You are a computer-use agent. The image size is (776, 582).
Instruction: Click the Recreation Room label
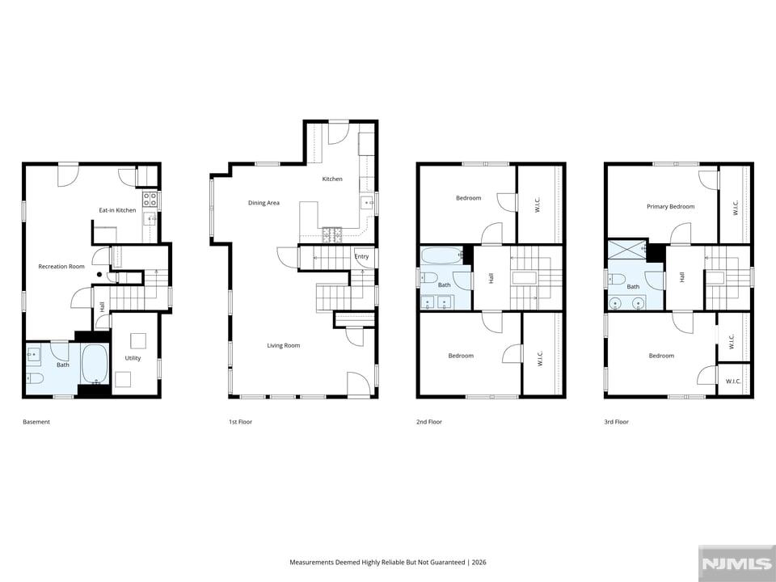[61, 266]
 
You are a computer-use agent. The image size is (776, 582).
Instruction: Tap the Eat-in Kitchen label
[117, 210]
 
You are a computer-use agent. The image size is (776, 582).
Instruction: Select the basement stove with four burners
[150, 200]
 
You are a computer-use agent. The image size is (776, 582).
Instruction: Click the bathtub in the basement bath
[95, 364]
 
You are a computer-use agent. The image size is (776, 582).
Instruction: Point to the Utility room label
[133, 358]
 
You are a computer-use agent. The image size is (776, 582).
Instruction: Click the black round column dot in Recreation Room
[99, 274]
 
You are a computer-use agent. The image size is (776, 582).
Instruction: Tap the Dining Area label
[264, 203]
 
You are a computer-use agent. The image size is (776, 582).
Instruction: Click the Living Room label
[284, 345]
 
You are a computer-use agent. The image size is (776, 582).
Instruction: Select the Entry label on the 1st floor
[362, 256]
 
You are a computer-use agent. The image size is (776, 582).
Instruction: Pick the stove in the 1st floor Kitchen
[332, 234]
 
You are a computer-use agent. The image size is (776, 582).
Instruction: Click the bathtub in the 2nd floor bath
[441, 256]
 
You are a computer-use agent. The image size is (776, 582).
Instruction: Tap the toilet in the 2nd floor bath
[428, 277]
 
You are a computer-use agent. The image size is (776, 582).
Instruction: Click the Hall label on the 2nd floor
[491, 278]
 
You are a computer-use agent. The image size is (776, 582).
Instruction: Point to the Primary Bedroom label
[671, 207]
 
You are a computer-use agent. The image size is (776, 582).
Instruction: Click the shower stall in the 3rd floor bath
[627, 250]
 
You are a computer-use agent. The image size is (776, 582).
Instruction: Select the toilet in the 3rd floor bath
[616, 280]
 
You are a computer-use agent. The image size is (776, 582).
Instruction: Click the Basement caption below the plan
[36, 422]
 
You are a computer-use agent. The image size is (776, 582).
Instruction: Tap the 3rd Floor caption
[616, 422]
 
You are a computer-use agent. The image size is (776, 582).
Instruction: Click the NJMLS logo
[736, 563]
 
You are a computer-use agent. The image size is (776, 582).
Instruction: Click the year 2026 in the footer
[479, 563]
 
